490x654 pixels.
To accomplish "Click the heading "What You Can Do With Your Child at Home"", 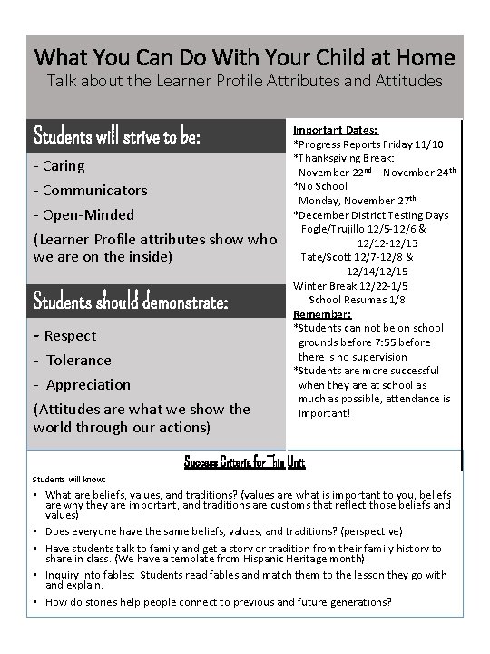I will coord(244,57).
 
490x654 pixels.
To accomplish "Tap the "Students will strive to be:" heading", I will coord(116,137).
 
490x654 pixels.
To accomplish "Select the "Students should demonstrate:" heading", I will coord(130,301).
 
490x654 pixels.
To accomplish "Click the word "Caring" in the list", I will coord(64,166).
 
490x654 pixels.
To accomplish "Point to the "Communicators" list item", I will coord(94,191).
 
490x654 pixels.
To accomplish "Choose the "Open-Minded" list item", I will coord(89,215).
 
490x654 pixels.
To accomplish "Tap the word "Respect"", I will coord(70,336).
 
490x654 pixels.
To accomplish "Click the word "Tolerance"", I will coord(79,361).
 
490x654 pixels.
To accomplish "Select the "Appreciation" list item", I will coord(88,385).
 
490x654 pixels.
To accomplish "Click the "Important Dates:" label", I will coord(335,130).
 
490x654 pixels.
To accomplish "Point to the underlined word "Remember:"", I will coord(316,314).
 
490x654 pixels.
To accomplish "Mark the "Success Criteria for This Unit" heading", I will coord(245,462).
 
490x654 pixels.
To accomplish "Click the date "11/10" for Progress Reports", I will coord(426,144).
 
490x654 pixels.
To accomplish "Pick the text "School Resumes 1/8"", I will coord(357,300).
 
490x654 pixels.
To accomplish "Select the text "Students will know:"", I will coord(69,479).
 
